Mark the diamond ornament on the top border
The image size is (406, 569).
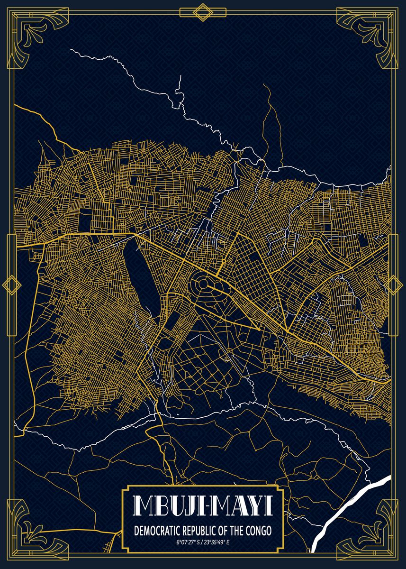203,12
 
